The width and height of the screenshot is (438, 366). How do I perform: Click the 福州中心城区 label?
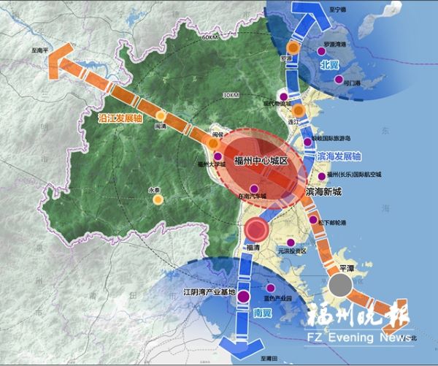[x=262, y=160]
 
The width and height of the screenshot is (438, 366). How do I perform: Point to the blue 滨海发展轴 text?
[x=339, y=156]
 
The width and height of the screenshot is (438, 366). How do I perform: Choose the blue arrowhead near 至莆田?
[x=240, y=343]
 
